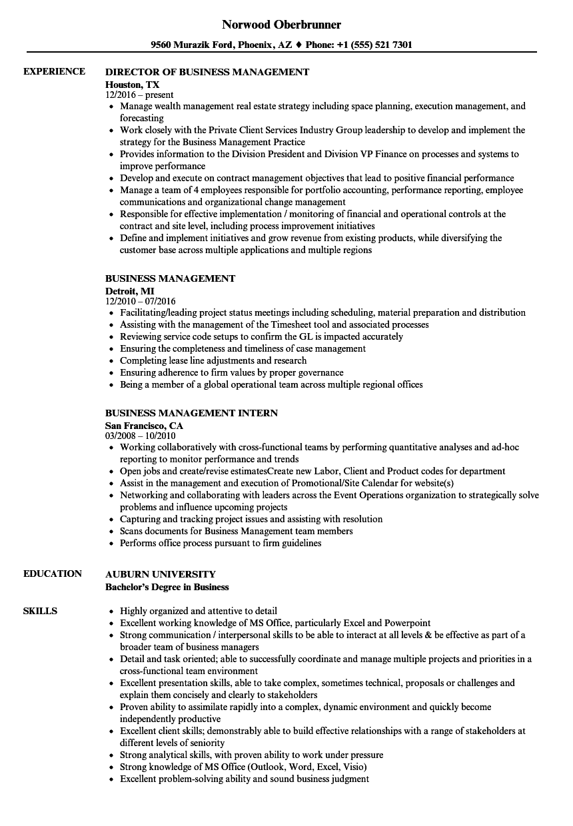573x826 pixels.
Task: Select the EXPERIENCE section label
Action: (x=54, y=71)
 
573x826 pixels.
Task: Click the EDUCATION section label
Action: (x=53, y=574)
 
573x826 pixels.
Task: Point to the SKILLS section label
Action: (x=40, y=611)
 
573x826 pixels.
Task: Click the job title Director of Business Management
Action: (x=207, y=72)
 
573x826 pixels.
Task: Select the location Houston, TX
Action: (x=133, y=85)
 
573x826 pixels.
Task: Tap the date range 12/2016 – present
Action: (x=140, y=95)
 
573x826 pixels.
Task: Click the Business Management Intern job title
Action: (x=192, y=413)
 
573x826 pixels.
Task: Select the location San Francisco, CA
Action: (x=144, y=426)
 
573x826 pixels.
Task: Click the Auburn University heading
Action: (x=161, y=574)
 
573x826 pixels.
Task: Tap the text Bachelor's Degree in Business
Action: (x=167, y=587)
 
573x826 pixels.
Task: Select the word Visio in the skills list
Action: (x=354, y=767)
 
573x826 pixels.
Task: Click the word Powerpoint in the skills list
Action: (x=408, y=623)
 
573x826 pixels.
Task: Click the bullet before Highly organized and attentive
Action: (x=111, y=612)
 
